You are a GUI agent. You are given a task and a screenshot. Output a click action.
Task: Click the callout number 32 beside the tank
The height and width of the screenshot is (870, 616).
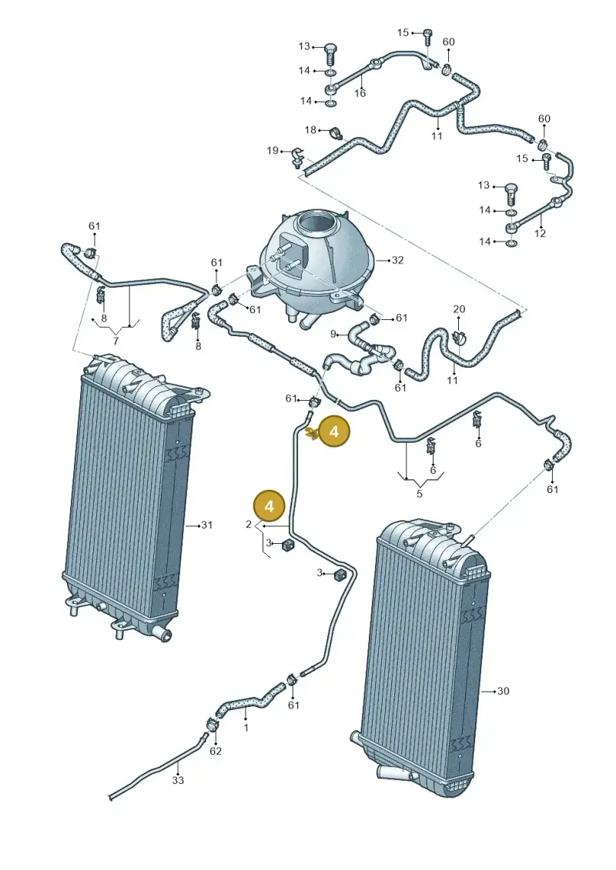398,260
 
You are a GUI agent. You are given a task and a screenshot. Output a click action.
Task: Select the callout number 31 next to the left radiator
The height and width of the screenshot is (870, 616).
206,525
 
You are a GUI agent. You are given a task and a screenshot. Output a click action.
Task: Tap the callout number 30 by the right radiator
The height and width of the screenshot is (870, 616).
503,691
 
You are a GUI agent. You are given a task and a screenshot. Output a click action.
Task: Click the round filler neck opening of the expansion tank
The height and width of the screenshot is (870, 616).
316,224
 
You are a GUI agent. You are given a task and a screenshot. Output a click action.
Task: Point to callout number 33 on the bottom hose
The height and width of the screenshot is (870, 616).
178,780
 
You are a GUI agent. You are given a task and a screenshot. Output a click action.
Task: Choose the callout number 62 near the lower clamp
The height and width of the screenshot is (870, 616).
216,751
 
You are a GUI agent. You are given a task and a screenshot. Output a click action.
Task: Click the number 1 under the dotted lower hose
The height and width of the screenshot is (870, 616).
246,728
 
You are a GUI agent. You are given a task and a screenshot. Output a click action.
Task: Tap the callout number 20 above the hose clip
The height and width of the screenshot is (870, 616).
459,309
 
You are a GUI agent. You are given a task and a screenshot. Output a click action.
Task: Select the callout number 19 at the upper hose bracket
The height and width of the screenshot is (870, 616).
272,150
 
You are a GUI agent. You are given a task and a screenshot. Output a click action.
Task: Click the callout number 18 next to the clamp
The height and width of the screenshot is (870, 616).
310,130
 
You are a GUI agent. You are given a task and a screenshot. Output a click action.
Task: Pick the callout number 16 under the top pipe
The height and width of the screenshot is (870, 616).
360,93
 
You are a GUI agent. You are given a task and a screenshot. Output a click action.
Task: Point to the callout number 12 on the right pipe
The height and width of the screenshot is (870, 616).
540,234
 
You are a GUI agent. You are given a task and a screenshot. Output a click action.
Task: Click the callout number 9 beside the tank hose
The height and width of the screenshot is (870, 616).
334,334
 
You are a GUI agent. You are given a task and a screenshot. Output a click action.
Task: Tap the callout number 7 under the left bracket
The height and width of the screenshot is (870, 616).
115,342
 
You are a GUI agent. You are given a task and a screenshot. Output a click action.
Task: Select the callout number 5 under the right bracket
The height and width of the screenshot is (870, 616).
420,493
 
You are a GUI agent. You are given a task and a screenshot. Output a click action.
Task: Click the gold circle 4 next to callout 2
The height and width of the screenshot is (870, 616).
269,505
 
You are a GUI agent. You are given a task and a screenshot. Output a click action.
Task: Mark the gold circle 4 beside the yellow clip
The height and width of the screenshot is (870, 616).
334,431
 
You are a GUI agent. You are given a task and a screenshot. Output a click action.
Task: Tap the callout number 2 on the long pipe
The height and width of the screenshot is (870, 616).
249,525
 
